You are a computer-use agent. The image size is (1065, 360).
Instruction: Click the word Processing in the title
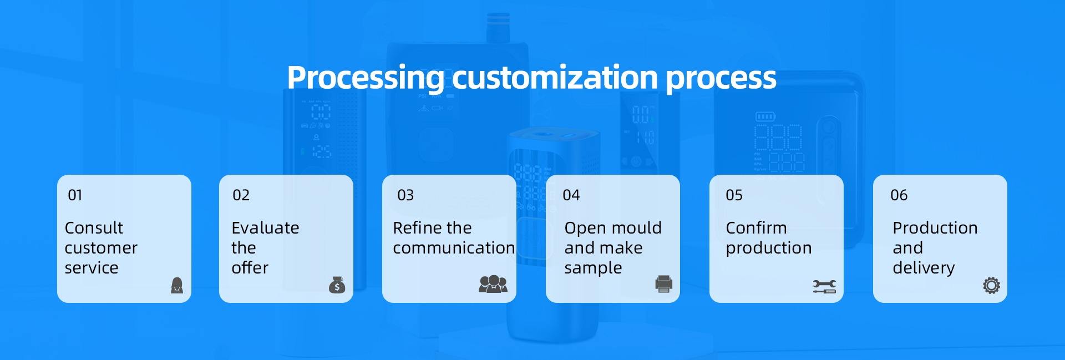pos(366,78)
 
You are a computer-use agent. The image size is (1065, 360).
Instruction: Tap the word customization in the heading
pos(555,77)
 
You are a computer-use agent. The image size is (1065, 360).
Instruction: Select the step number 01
pos(75,195)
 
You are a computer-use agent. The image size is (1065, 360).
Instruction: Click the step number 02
pos(241,195)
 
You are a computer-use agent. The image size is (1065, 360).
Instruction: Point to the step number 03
pos(405,195)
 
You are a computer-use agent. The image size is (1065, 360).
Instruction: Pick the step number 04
pos(571,195)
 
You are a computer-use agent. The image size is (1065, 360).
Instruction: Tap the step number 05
pos(734,195)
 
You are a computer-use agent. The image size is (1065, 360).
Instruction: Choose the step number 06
pos(899,195)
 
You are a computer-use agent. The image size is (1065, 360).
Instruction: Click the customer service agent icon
pos(177,285)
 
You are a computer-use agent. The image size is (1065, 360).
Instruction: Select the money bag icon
pos(337,285)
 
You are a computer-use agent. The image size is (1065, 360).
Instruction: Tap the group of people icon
pos(493,284)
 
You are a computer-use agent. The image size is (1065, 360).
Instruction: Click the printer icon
pos(663,284)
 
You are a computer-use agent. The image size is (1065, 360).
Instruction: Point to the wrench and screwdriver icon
pos(824,286)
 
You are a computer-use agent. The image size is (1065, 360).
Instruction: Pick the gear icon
pos(991,285)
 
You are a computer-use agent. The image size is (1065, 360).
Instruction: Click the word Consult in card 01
pos(94,228)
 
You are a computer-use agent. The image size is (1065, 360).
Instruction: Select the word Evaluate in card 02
pos(265,228)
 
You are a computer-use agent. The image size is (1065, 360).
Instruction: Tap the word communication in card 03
pos(454,248)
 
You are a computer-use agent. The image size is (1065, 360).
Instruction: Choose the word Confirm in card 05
pos(756,228)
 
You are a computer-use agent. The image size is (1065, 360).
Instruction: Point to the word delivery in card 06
pos(924,268)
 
